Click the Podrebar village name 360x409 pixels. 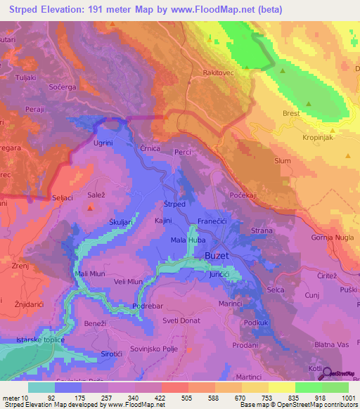(148, 307)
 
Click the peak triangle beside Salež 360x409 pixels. (91, 207)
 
